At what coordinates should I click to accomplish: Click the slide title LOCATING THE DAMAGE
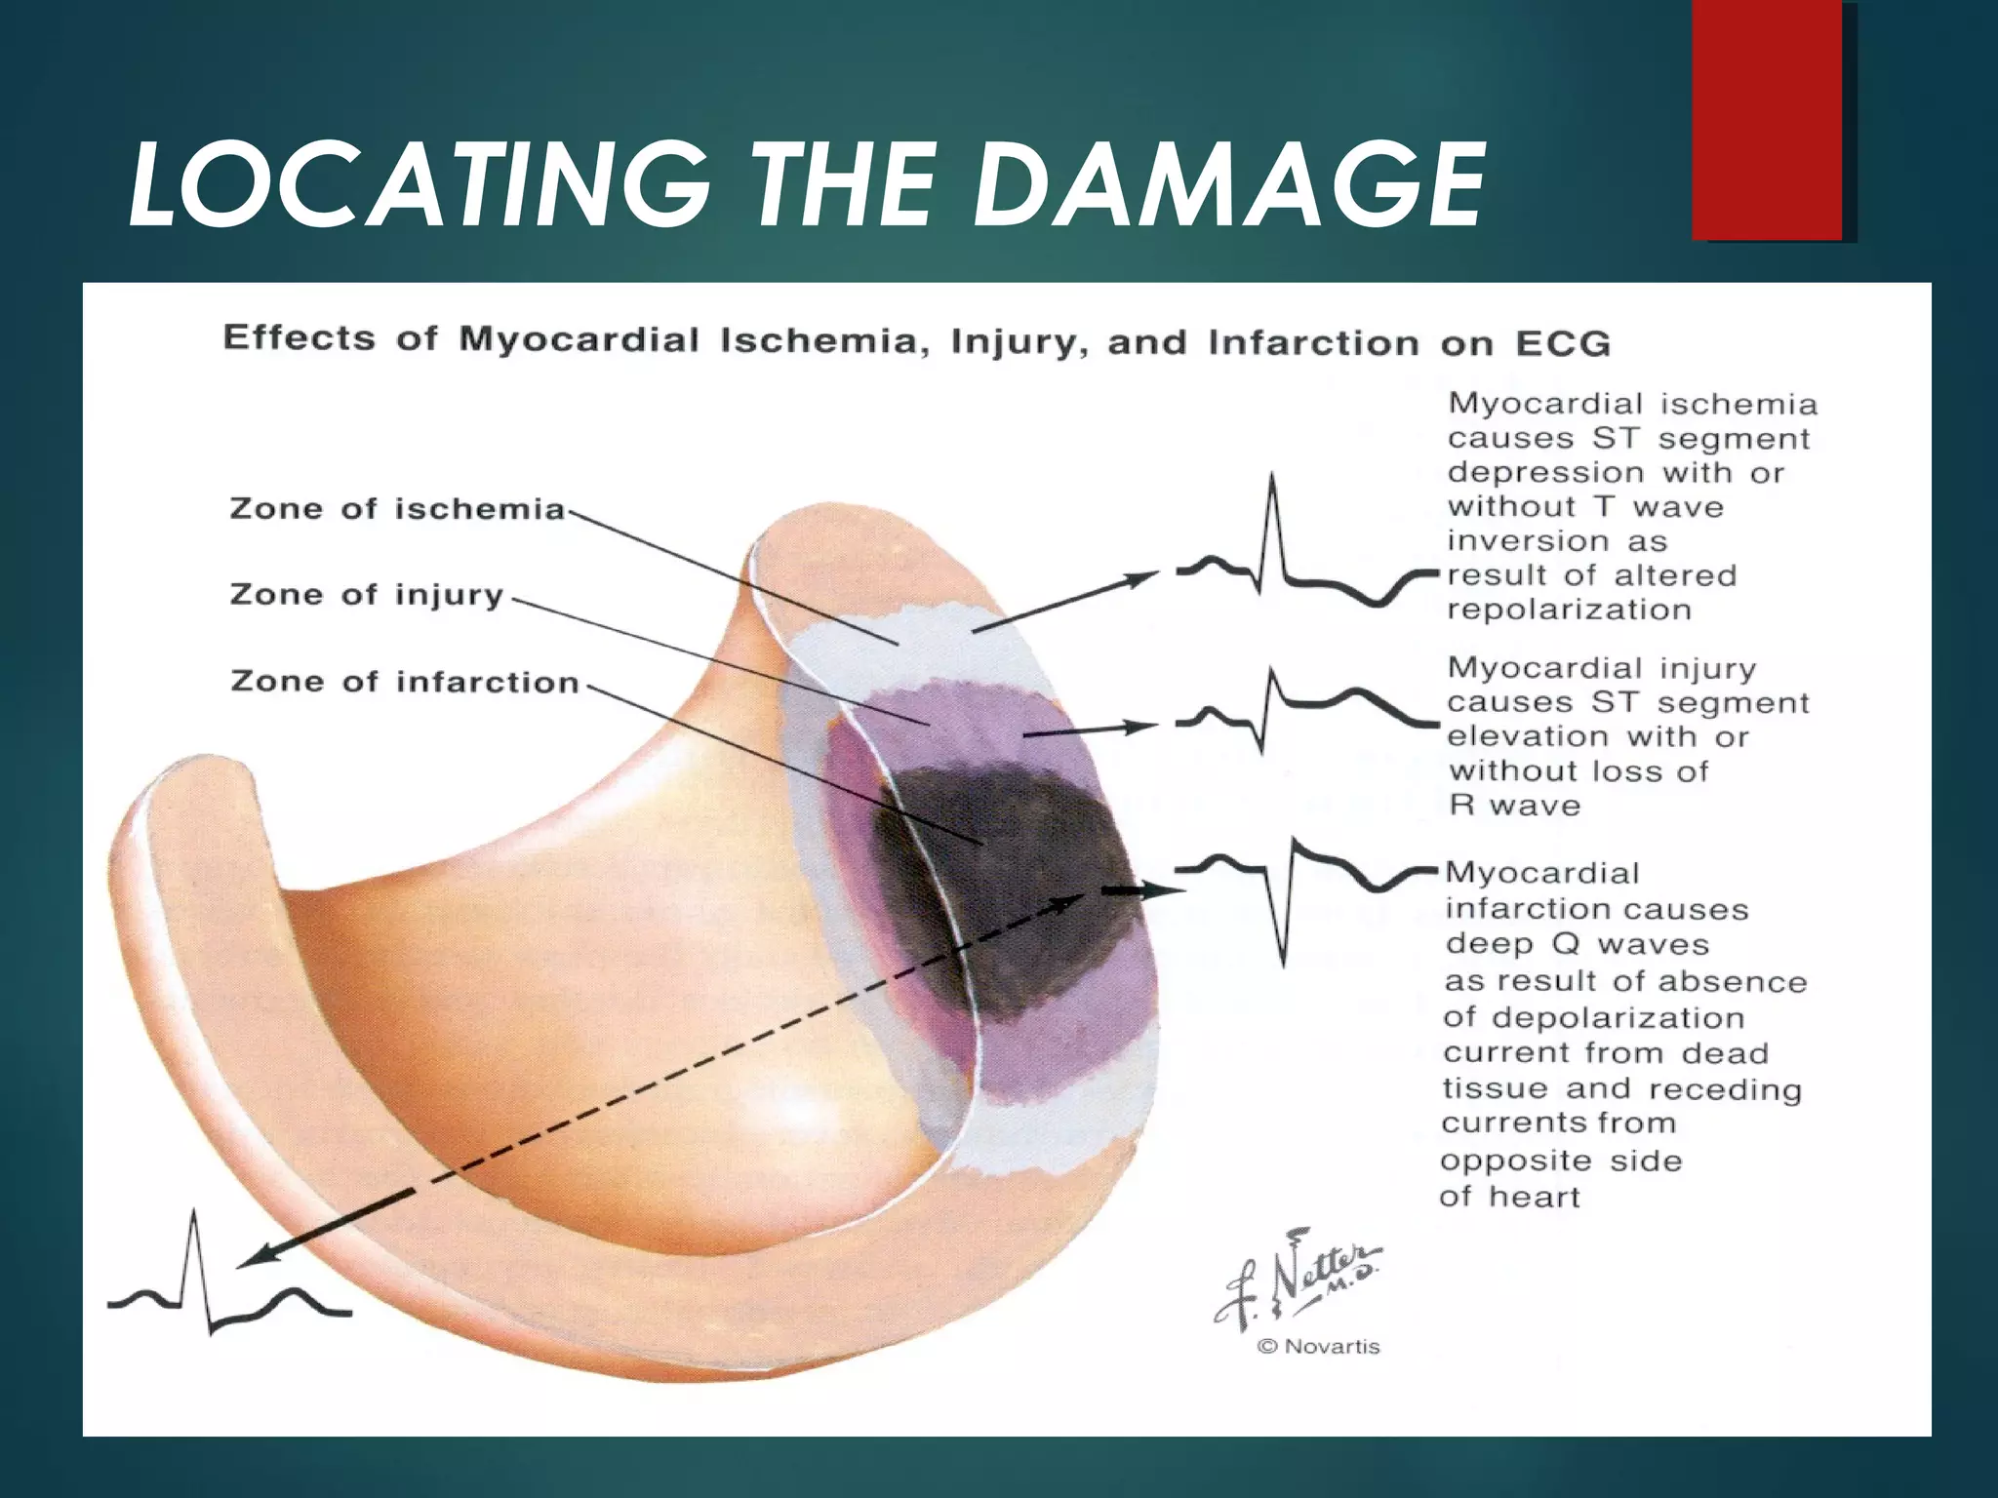[806, 185]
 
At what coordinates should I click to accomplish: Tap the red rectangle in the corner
[1768, 120]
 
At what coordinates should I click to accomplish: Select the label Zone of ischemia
[397, 509]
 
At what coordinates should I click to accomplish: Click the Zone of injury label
[366, 595]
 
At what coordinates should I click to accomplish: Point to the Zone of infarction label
[405, 682]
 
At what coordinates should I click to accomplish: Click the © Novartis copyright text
[1319, 1347]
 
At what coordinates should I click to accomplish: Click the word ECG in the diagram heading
[1562, 344]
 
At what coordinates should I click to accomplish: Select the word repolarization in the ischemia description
[1569, 611]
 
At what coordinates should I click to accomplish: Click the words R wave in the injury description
[1514, 806]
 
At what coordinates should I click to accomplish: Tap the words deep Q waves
[1578, 944]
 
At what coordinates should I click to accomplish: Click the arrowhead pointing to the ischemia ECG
[1138, 578]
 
